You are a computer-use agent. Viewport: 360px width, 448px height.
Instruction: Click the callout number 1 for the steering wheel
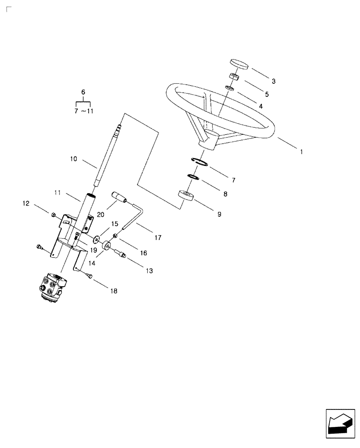(302, 152)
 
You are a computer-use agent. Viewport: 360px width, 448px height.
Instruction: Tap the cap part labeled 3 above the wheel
(239, 64)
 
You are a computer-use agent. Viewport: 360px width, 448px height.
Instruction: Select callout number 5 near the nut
(266, 95)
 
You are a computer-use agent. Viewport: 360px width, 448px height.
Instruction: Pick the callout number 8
(225, 194)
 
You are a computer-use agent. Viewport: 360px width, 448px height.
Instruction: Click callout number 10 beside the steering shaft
(74, 159)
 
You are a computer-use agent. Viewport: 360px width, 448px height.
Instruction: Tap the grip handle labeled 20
(120, 197)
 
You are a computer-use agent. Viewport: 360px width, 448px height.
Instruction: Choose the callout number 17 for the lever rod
(158, 237)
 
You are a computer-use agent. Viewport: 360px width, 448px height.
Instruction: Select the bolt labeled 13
(121, 254)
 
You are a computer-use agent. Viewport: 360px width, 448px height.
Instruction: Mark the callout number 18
(114, 291)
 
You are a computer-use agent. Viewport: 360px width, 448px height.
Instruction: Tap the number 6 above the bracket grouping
(83, 91)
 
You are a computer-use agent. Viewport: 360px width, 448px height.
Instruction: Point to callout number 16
(143, 253)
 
